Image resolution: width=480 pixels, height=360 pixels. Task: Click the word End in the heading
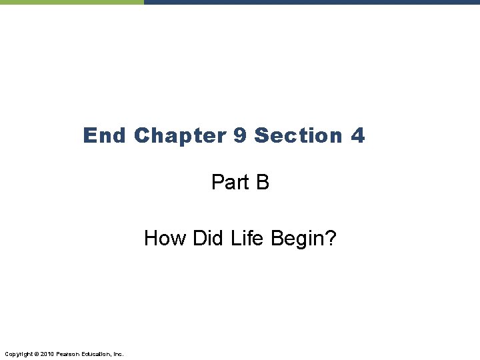(x=104, y=136)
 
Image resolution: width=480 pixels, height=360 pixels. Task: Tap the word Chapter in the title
(x=179, y=136)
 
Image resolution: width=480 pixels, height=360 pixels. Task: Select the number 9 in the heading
(x=240, y=136)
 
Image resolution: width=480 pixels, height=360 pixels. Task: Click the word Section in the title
(x=298, y=136)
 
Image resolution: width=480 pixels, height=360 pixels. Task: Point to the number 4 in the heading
(x=357, y=136)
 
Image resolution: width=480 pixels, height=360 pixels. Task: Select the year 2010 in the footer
(x=47, y=353)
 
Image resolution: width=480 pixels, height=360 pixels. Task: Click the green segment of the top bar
(x=71, y=2)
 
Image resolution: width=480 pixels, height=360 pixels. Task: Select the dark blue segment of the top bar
(x=311, y=2)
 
